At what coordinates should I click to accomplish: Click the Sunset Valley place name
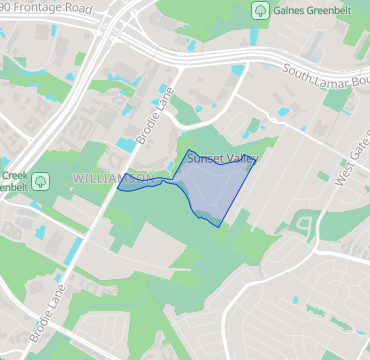(222, 158)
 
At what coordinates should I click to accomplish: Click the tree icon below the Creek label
(41, 182)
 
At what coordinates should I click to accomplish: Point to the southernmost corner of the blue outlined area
(218, 226)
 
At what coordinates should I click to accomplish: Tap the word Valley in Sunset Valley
(241, 158)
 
